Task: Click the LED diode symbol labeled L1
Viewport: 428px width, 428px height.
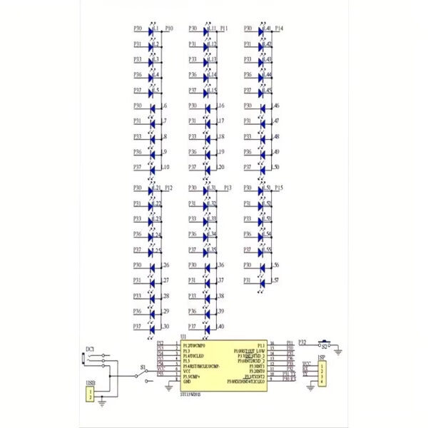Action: coord(152,29)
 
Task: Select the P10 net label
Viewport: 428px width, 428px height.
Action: coord(168,29)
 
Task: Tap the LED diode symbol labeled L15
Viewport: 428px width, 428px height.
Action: coord(208,91)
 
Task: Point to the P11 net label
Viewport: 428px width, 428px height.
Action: coord(224,29)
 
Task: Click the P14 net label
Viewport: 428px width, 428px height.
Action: coord(279,29)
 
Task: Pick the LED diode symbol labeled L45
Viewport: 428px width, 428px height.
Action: coord(263,91)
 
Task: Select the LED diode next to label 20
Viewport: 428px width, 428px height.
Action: coord(208,168)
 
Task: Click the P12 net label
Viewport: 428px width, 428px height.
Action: coord(168,188)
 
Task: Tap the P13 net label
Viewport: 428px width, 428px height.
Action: coord(228,188)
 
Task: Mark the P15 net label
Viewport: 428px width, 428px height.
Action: coord(279,188)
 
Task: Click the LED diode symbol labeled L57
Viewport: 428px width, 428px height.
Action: coord(263,281)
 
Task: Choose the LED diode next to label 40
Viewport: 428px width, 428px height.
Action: coord(208,327)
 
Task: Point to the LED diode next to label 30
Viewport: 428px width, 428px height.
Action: coord(152,327)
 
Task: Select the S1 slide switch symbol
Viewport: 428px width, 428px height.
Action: coord(145,375)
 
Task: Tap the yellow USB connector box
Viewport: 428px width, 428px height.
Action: coord(90,394)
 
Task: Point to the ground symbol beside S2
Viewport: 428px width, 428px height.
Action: coord(338,349)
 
